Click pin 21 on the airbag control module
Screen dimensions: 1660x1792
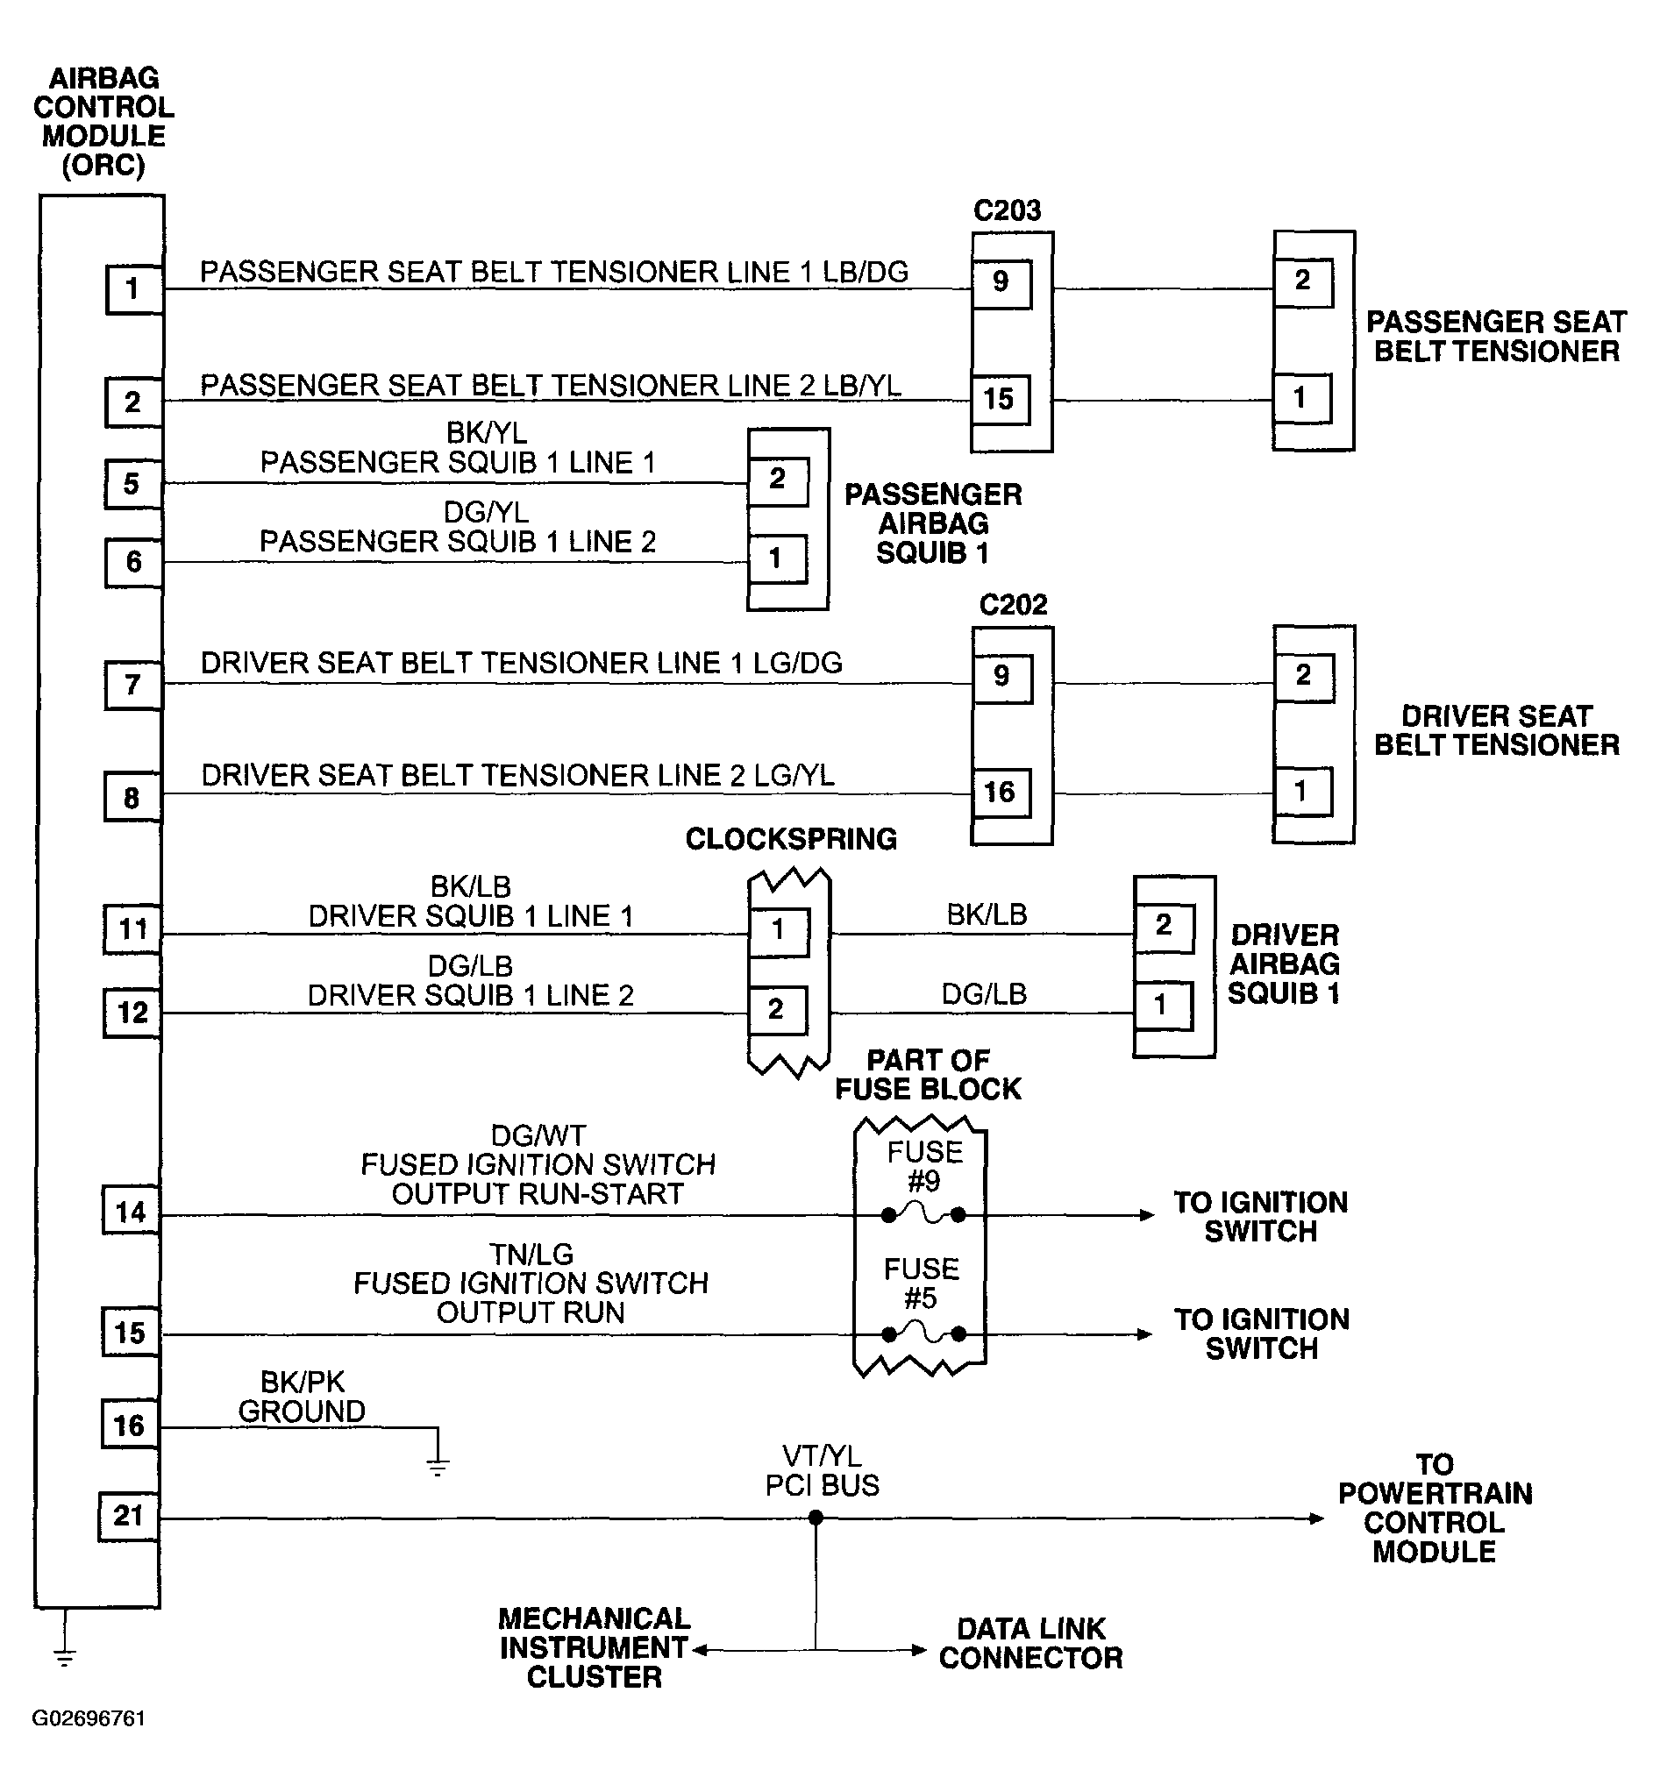coord(127,1516)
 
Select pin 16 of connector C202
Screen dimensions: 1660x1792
coord(1000,793)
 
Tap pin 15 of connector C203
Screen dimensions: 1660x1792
coord(1000,399)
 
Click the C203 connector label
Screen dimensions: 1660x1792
coord(1007,210)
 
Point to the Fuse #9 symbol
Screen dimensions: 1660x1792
coord(923,1214)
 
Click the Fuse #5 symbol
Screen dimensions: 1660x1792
coord(923,1333)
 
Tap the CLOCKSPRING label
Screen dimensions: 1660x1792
coord(791,839)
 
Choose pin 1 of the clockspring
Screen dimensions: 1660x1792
coord(779,930)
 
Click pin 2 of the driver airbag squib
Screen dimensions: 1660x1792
coord(1165,927)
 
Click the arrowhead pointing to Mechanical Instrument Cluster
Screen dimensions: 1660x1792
coord(701,1650)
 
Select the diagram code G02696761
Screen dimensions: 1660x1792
coord(89,1718)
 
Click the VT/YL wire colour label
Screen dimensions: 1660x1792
coord(822,1456)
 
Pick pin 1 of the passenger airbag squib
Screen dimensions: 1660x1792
coord(777,558)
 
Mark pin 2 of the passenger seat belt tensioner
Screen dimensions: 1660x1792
coord(1303,281)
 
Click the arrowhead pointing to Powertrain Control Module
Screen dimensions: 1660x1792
coord(1317,1519)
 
